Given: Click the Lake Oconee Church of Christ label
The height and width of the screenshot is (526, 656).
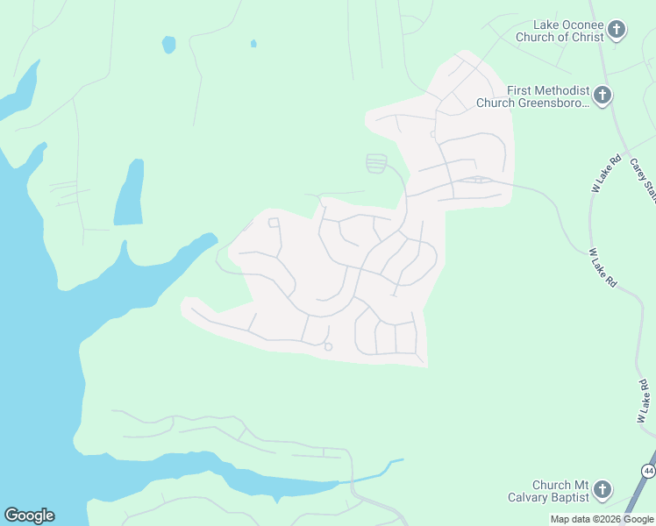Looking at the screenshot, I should pyautogui.click(x=568, y=32).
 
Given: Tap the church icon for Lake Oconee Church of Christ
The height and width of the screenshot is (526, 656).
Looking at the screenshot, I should pyautogui.click(x=617, y=31).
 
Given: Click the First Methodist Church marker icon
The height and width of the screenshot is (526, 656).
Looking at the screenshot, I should pyautogui.click(x=603, y=96).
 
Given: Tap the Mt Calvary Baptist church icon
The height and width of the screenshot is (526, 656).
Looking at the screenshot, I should pyautogui.click(x=603, y=490).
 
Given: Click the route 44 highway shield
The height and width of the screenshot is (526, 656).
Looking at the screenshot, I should pyautogui.click(x=648, y=472).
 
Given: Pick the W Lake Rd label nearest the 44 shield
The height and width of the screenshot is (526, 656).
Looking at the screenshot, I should pyautogui.click(x=642, y=402).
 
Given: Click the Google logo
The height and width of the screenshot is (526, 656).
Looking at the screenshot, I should pyautogui.click(x=29, y=515).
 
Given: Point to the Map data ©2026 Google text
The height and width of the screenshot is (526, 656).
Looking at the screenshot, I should pyautogui.click(x=602, y=519).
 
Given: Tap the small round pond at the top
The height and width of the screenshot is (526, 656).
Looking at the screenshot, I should pyautogui.click(x=168, y=44).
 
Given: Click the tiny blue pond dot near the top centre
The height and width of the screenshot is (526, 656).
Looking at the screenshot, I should pyautogui.click(x=253, y=43).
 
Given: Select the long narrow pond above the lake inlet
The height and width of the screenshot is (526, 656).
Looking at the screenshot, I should pyautogui.click(x=130, y=193).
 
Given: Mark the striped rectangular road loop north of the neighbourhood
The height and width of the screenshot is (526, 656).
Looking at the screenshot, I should pyautogui.click(x=376, y=163).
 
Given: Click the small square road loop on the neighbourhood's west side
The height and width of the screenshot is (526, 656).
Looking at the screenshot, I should pyautogui.click(x=274, y=223).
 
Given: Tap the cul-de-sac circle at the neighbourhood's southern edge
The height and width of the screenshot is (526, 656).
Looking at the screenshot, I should pyautogui.click(x=328, y=347).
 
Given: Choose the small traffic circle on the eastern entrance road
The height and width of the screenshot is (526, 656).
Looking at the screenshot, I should pyautogui.click(x=478, y=180).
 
